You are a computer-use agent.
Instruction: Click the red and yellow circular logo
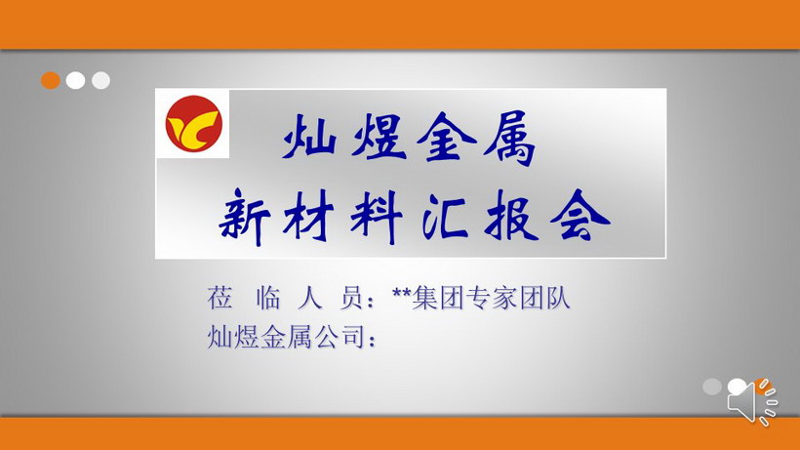point(194,123)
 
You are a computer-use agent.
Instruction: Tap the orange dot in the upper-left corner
point(51,81)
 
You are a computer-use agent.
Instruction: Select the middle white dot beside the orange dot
point(75,81)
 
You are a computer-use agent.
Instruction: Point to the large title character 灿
point(309,137)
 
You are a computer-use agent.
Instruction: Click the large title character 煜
point(379,137)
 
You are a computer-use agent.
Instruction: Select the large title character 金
point(446,137)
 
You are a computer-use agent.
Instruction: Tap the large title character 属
point(510,138)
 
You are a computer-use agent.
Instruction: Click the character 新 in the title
point(245,218)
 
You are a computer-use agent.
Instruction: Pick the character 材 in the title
point(308,217)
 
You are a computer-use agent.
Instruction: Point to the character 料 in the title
point(377,218)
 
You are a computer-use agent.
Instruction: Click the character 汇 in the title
point(445,218)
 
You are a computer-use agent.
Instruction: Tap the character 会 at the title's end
point(580,216)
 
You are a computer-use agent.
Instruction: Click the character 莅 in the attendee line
point(220,298)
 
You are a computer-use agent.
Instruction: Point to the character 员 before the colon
point(352,298)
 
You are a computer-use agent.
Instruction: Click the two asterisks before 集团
point(402,294)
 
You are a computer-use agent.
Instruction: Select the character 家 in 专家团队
point(504,298)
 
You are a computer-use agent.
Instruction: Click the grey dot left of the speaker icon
point(712,387)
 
